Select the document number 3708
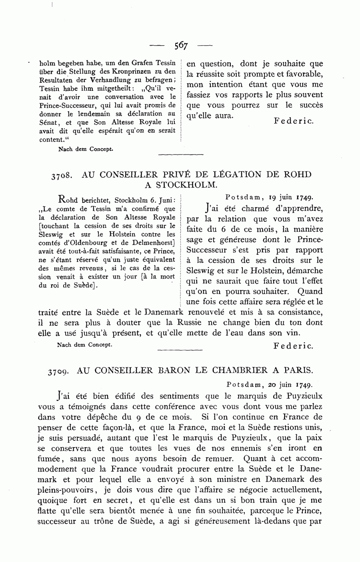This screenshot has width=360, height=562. (62, 175)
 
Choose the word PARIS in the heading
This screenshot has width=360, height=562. (299, 370)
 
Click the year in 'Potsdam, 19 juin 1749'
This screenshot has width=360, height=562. (304, 197)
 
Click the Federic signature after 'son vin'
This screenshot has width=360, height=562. (294, 345)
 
